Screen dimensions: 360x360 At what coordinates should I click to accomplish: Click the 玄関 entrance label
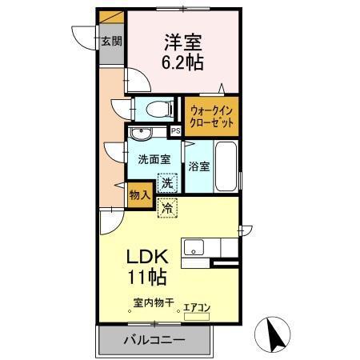[x=111, y=41]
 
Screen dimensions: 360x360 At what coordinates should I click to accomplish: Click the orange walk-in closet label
[x=212, y=117]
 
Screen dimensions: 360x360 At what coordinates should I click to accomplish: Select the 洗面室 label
[x=153, y=158]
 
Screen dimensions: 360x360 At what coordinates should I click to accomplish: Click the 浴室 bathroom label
[x=199, y=166]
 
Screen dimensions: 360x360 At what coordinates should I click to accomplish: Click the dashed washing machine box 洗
[x=166, y=183]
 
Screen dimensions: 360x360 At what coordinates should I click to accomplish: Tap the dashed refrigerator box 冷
[x=167, y=208]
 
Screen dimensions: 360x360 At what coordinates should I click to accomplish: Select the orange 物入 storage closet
[x=138, y=194]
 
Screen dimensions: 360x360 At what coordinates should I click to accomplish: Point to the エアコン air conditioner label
[x=197, y=306]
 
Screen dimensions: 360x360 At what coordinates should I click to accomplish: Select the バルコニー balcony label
[x=154, y=340]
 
